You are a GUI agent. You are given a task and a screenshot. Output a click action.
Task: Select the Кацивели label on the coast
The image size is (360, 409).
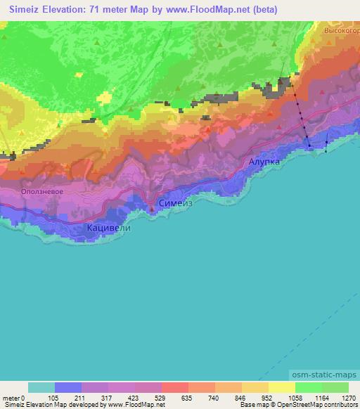click(x=110, y=228)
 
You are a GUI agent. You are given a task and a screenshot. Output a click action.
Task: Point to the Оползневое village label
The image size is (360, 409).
click(x=43, y=191)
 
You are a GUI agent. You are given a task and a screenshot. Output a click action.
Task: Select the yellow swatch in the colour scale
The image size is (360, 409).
click(x=281, y=387)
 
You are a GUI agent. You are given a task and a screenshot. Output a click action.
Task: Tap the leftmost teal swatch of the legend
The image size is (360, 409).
click(x=41, y=387)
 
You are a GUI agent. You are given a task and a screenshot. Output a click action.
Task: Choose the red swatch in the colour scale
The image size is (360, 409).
click(x=174, y=387)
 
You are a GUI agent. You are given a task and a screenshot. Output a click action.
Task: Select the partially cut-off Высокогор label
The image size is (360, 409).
click(x=342, y=32)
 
